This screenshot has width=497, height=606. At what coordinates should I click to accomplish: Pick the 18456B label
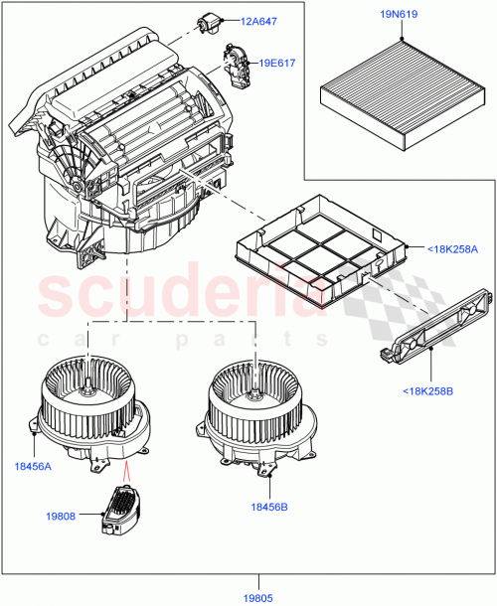point(268,507)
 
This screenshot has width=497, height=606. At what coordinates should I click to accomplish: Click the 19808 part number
point(61,516)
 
